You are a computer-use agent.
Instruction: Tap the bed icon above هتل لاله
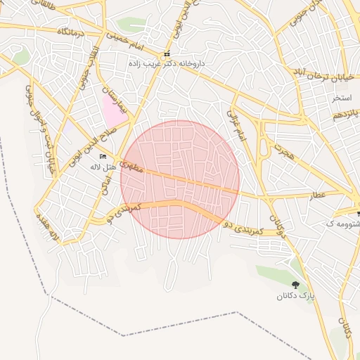(x=103, y=157)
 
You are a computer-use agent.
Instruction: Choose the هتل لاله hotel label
(x=103, y=167)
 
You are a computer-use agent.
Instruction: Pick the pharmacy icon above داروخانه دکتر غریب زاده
(x=167, y=54)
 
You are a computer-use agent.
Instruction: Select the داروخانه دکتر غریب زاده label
(x=167, y=63)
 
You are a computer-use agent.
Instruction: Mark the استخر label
(x=342, y=98)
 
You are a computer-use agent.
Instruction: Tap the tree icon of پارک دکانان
(x=295, y=285)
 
